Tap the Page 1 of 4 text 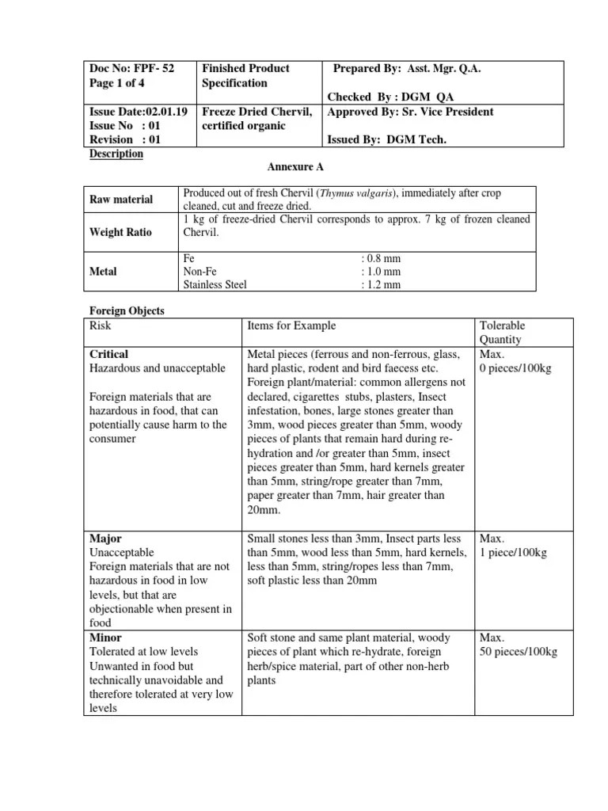(119, 83)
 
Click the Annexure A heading (292, 168)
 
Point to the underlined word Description (116, 154)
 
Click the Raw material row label (121, 200)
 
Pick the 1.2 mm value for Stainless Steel (381, 284)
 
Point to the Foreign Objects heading (127, 311)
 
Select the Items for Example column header (291, 326)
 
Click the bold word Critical (109, 354)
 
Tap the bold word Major (105, 539)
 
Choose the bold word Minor (106, 638)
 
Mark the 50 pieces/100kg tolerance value (519, 652)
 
